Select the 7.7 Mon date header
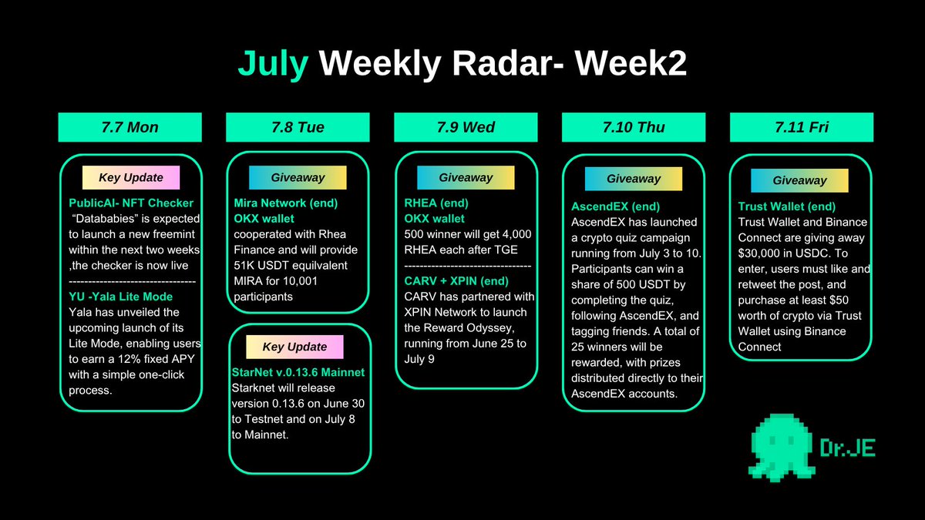(x=129, y=127)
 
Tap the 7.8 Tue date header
(x=298, y=127)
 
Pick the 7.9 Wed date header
(x=466, y=127)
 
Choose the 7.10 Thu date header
(x=634, y=127)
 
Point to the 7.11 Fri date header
(x=802, y=127)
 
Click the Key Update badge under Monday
(x=130, y=177)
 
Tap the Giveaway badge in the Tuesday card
(x=298, y=177)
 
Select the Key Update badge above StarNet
(x=294, y=347)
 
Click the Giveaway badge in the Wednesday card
(x=466, y=177)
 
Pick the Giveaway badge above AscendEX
(x=634, y=178)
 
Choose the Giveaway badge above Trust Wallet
(x=799, y=180)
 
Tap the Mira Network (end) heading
(x=286, y=203)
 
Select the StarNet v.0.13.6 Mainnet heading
(x=298, y=372)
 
